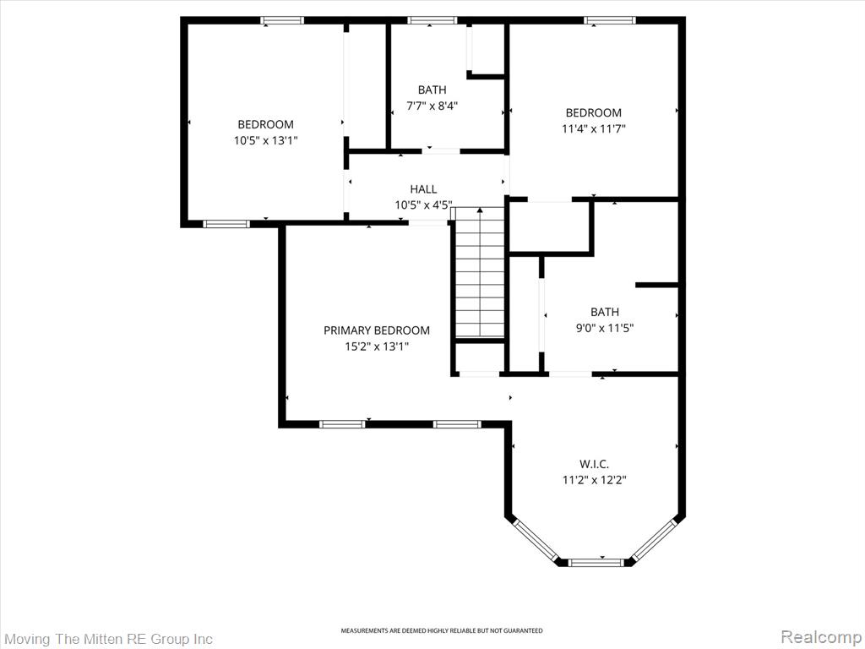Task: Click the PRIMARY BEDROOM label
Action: tap(376, 330)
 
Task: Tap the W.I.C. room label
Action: tap(594, 464)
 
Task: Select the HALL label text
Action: tap(424, 189)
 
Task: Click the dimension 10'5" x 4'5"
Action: tap(424, 205)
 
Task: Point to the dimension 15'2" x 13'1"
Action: tap(377, 346)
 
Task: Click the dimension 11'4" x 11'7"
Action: tap(594, 129)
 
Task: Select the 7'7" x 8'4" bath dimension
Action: tap(432, 106)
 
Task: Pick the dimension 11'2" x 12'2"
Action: tap(594, 480)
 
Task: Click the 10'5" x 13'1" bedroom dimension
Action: tap(266, 141)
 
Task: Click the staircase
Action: tap(480, 272)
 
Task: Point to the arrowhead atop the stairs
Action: tap(480, 210)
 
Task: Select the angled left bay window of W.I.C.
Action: tap(535, 540)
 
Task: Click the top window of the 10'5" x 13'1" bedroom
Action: tap(282, 20)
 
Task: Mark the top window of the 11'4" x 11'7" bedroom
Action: tap(610, 20)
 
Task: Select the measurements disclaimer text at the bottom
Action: tap(441, 630)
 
